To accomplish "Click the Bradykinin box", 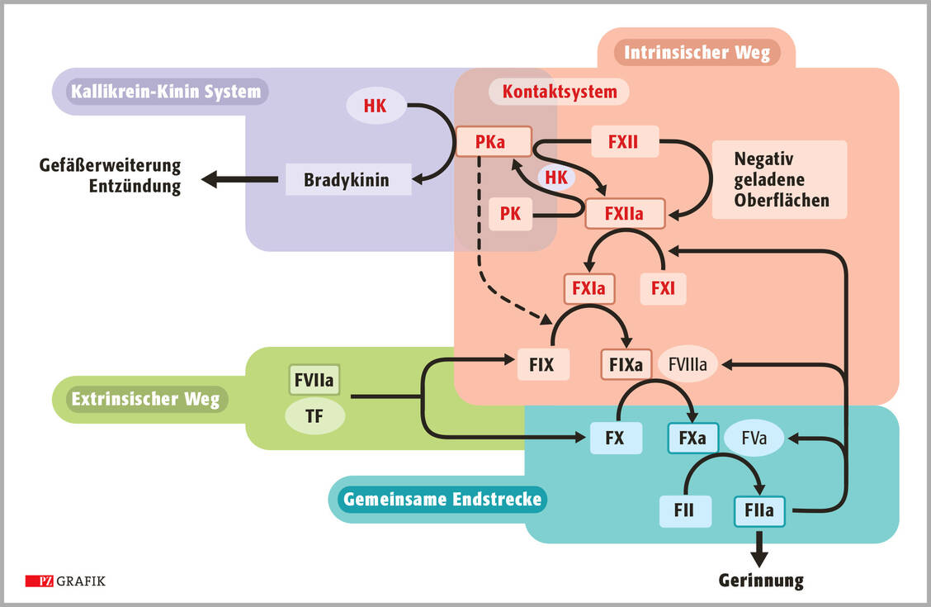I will pos(347,179).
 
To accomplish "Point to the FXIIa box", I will pos(625,214).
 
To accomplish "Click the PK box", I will pos(510,214).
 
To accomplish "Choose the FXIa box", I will pos(589,288).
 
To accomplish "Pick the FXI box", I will pos(663,288).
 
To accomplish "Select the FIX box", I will pos(543,363).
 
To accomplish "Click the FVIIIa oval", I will pos(688,363).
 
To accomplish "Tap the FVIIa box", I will pos(314,381).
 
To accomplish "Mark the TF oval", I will pos(314,416).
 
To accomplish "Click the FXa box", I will pos(692,438).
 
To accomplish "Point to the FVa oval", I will pos(754,438).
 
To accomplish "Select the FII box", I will pos(684,511).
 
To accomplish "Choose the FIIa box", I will pos(759,511).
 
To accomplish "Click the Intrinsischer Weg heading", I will pos(697,53).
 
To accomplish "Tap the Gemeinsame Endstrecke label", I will pos(442,499).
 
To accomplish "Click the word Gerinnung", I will pos(760,580).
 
